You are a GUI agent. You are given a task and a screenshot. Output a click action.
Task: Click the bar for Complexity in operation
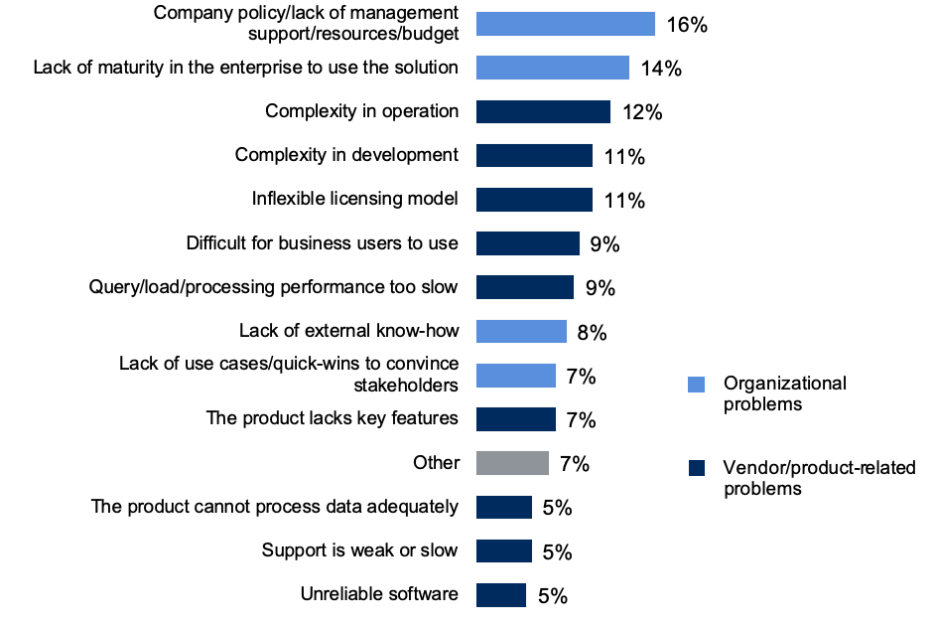click(543, 111)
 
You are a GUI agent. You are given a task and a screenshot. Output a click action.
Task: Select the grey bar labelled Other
click(512, 463)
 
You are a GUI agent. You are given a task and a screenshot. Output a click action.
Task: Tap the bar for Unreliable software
click(500, 595)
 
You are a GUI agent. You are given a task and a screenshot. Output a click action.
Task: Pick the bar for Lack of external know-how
click(521, 331)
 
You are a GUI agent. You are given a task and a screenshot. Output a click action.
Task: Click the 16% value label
click(687, 25)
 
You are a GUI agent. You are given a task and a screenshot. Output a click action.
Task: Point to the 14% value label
click(660, 69)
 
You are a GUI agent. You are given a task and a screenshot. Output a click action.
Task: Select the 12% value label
click(641, 112)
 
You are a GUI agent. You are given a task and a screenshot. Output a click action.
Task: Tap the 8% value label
click(592, 332)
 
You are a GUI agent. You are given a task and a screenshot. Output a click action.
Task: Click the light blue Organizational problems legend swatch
click(697, 384)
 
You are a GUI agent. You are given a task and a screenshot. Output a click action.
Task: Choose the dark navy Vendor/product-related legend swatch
click(697, 468)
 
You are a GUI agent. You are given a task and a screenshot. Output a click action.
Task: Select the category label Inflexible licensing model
click(354, 199)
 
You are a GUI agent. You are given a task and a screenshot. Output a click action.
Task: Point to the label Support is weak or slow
click(359, 550)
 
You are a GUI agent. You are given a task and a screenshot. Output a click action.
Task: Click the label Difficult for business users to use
click(322, 243)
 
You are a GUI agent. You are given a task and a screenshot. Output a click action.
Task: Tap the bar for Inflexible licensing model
click(534, 200)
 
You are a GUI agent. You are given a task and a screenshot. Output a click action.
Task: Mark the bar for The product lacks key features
click(515, 419)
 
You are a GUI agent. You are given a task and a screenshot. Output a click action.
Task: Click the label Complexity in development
click(346, 155)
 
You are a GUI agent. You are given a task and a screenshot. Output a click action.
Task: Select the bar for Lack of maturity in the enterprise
click(552, 68)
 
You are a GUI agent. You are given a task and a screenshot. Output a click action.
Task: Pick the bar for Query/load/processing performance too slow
click(524, 287)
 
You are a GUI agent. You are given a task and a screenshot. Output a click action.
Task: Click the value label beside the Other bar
click(575, 464)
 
